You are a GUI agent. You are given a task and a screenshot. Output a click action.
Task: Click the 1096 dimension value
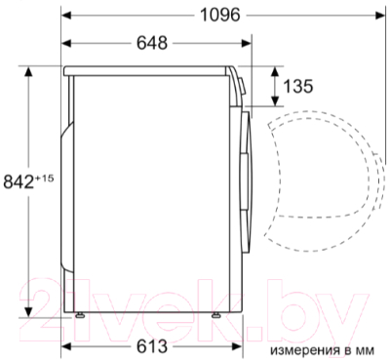tap(220, 15)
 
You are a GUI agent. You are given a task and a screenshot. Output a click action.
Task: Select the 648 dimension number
tap(152, 43)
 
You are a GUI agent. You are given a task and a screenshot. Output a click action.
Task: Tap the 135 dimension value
tap(298, 86)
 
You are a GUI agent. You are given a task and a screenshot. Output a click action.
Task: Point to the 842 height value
tap(19, 182)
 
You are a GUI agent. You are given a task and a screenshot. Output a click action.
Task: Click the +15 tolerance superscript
tap(44, 179)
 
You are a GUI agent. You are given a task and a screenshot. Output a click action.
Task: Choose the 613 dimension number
tap(152, 346)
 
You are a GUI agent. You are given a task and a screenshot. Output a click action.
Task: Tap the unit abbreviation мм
tap(367, 351)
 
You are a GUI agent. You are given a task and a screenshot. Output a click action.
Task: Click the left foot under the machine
tap(80, 314)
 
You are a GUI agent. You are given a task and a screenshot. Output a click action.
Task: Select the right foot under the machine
tap(215, 314)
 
